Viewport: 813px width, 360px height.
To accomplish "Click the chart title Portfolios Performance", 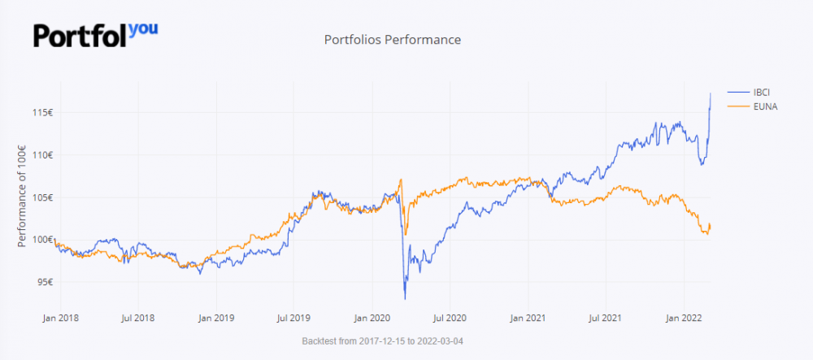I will (x=393, y=39).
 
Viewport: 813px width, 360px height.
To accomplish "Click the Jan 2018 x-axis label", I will (x=60, y=318).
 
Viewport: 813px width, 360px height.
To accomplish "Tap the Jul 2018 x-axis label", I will (x=138, y=318).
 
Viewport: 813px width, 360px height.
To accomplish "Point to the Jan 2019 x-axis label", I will (x=217, y=318).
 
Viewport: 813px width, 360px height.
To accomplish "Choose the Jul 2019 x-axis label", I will (x=295, y=318).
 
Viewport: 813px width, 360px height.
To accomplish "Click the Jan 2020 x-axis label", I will (x=374, y=318).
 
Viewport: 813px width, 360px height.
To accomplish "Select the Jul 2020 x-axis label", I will (x=453, y=318).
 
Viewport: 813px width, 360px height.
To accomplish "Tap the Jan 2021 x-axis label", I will (x=532, y=318).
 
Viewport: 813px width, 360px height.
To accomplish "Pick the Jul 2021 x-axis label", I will (x=610, y=318).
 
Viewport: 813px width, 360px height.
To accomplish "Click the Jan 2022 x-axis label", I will (x=689, y=318).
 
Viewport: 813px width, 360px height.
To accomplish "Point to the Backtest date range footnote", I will (x=388, y=340).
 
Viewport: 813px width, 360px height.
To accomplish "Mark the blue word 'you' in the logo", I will (x=143, y=29).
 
